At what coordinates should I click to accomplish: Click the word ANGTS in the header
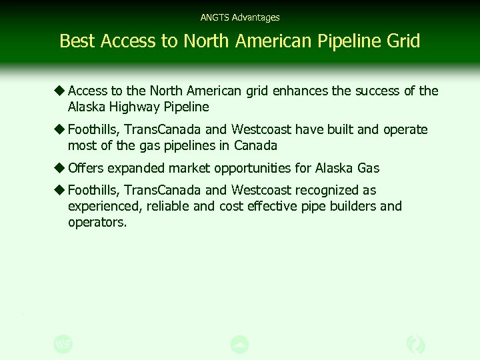pos(213,17)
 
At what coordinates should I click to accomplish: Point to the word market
pos(187,168)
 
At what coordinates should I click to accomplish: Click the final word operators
pos(97,223)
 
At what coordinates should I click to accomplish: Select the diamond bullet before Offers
pos(60,168)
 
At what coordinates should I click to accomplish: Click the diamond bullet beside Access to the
pos(60,91)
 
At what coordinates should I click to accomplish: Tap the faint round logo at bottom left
pos(63,344)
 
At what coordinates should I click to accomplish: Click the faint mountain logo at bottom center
pos(239,344)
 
